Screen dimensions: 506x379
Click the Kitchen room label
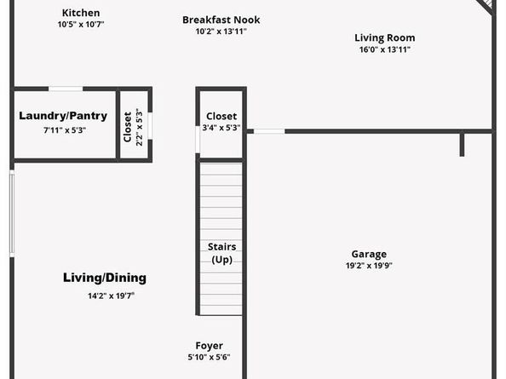(81, 13)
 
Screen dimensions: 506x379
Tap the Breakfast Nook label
(221, 20)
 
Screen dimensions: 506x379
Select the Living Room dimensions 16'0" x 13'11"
(385, 49)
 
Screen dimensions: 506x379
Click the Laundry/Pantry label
(63, 116)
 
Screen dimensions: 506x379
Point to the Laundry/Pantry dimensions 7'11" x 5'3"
(65, 130)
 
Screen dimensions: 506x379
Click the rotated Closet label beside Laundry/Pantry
(128, 127)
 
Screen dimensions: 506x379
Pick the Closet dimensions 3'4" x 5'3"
(221, 128)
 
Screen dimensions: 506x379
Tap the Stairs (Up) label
(221, 253)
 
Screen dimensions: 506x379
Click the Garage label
(369, 254)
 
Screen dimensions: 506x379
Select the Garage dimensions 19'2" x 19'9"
(369, 266)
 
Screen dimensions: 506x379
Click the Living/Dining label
(105, 278)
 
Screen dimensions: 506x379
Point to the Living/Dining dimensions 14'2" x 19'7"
(111, 296)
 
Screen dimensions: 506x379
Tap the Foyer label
(209, 346)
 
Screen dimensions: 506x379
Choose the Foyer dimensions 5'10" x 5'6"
(209, 357)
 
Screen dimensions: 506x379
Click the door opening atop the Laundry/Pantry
(66, 89)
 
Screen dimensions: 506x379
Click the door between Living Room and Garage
(269, 131)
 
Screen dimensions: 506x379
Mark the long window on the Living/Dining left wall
(12, 214)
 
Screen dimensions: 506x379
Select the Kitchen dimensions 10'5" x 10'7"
(81, 24)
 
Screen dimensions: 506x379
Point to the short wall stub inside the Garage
(462, 144)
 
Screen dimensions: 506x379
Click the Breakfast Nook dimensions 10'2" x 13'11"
(221, 32)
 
